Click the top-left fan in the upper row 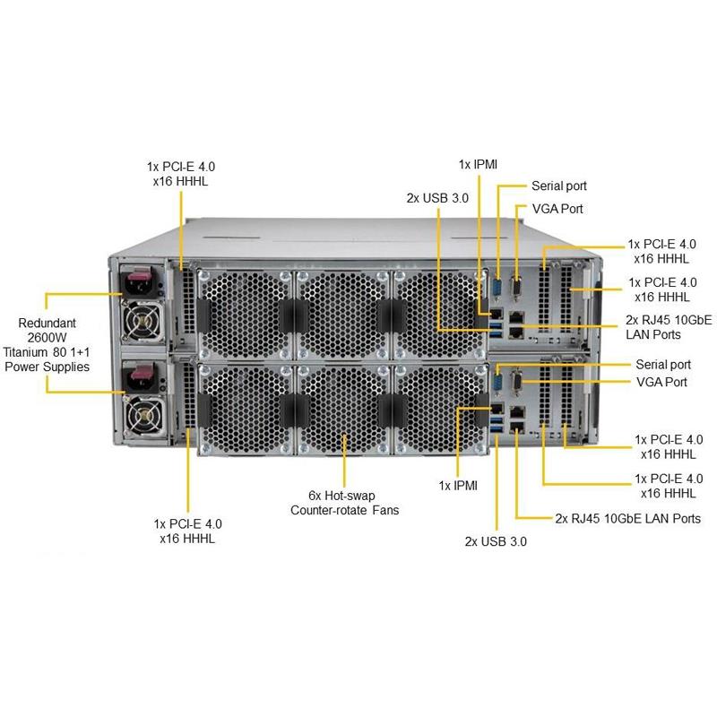pyautogui.click(x=245, y=315)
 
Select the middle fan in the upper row pyautogui.click(x=343, y=315)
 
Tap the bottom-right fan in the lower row pyautogui.click(x=440, y=410)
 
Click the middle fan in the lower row pyautogui.click(x=343, y=410)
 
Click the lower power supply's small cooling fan pyautogui.click(x=144, y=416)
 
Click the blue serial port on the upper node pyautogui.click(x=497, y=289)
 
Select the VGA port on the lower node pyautogui.click(x=517, y=382)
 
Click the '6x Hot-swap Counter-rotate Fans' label pyautogui.click(x=344, y=503)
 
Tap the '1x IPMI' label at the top pyautogui.click(x=478, y=165)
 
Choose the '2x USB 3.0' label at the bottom pyautogui.click(x=496, y=541)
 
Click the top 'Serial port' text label pyautogui.click(x=558, y=186)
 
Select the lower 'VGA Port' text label pyautogui.click(x=661, y=382)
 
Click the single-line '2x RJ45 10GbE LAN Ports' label pyautogui.click(x=628, y=519)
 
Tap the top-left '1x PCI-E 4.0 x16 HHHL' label pyautogui.click(x=181, y=174)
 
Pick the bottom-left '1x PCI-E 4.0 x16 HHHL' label pyautogui.click(x=187, y=531)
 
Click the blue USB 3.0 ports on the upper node pyautogui.click(x=496, y=330)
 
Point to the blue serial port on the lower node pyautogui.click(x=497, y=383)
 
